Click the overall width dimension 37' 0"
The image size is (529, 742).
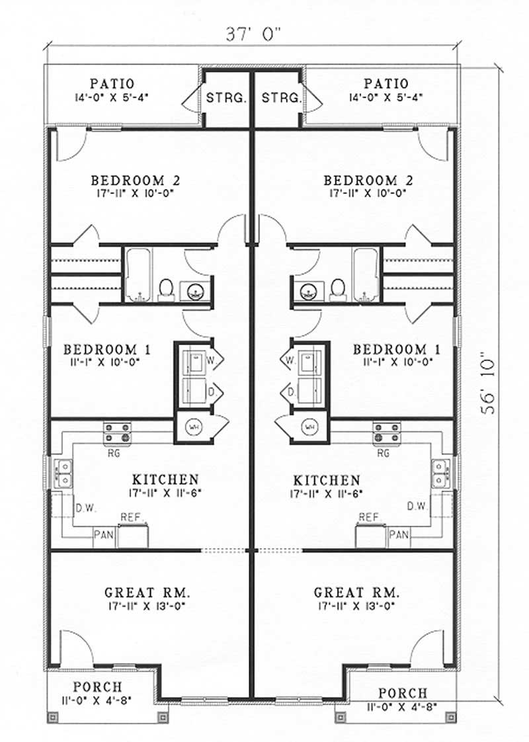(x=253, y=34)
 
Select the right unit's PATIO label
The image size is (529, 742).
(x=386, y=84)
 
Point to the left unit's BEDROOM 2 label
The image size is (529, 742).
(x=136, y=181)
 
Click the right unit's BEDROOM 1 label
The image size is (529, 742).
(x=397, y=349)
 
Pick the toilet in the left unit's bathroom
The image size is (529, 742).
(x=165, y=290)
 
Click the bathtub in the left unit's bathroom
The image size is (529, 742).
(x=138, y=275)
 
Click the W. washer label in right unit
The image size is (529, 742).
(x=290, y=360)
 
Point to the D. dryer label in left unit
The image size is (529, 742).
(x=212, y=392)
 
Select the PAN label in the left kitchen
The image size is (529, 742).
(x=104, y=535)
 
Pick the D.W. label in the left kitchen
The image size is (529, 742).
(x=86, y=509)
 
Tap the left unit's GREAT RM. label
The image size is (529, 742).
(x=147, y=593)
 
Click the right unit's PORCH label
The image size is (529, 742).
(x=403, y=693)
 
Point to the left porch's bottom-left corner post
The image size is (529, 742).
(x=53, y=718)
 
